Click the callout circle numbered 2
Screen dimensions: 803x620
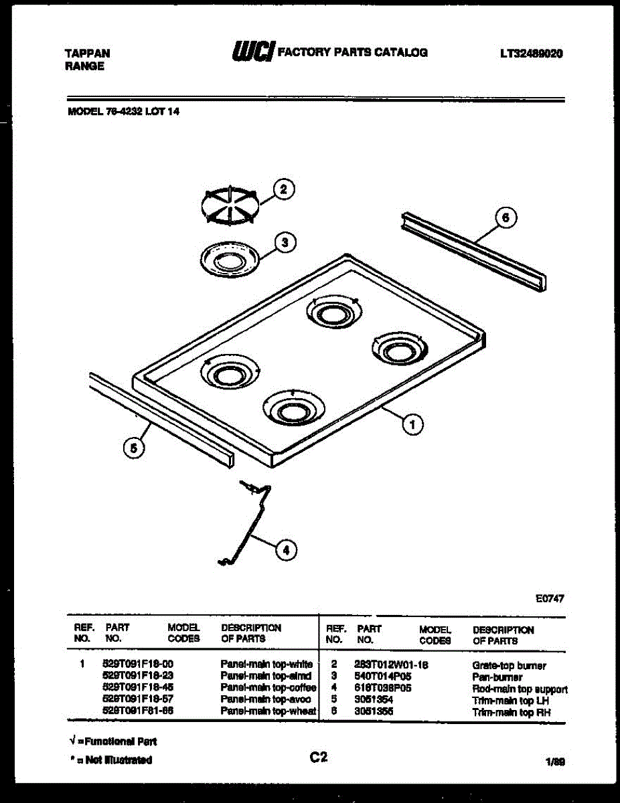[283, 189]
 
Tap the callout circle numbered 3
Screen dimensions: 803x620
[285, 242]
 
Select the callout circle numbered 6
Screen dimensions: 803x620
[506, 217]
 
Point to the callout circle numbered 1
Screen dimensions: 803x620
[412, 423]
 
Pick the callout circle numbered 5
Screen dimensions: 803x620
[134, 448]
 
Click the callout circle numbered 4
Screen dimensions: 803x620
[286, 550]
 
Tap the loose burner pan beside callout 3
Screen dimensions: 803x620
[228, 258]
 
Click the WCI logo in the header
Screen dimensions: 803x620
[252, 52]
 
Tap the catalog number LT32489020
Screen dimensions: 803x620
[530, 54]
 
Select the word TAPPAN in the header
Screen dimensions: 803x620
[88, 53]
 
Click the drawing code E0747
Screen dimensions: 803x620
[550, 599]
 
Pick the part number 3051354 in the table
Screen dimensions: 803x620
[374, 700]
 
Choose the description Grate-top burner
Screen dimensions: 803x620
[509, 666]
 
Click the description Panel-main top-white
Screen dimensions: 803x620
[266, 664]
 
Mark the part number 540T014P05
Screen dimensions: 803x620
[382, 677]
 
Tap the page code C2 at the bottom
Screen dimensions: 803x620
[318, 757]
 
